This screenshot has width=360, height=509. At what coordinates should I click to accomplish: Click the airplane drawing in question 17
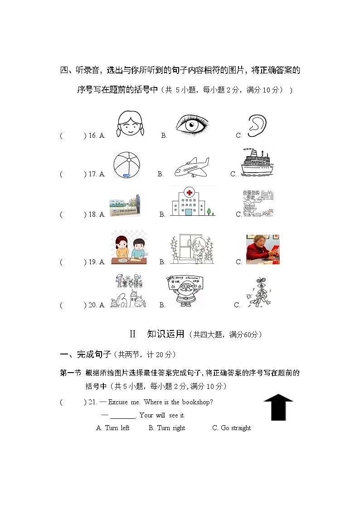tap(192, 167)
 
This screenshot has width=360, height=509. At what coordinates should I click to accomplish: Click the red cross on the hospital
tap(189, 193)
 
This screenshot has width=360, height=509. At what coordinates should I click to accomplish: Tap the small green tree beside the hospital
tap(208, 211)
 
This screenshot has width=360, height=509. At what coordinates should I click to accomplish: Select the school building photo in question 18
tap(125, 206)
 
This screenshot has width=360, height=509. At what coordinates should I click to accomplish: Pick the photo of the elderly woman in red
tap(263, 249)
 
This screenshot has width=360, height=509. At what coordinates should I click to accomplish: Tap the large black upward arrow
tap(278, 407)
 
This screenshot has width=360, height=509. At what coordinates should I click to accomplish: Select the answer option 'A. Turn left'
tap(113, 428)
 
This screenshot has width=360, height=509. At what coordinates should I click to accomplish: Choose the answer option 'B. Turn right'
tap(167, 428)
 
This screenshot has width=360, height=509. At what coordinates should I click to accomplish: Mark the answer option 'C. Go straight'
tap(231, 428)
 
